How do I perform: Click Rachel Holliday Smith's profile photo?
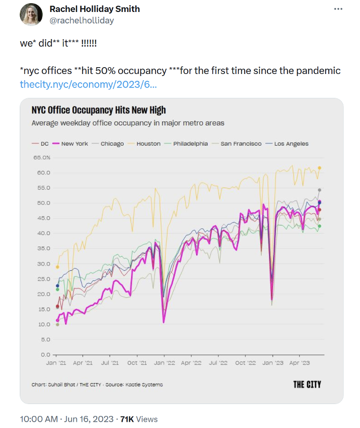point(31,15)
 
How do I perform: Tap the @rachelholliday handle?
point(82,20)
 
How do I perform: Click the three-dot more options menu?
point(338,9)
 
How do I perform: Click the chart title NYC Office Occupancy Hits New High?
point(98,110)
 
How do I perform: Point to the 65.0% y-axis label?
point(42,157)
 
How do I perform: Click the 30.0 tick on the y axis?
point(43,263)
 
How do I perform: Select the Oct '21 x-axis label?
point(136,362)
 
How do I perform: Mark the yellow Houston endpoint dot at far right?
point(319,168)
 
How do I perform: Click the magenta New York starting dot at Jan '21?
point(57,320)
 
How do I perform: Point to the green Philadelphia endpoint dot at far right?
point(319,226)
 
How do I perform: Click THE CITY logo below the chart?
point(307,384)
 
